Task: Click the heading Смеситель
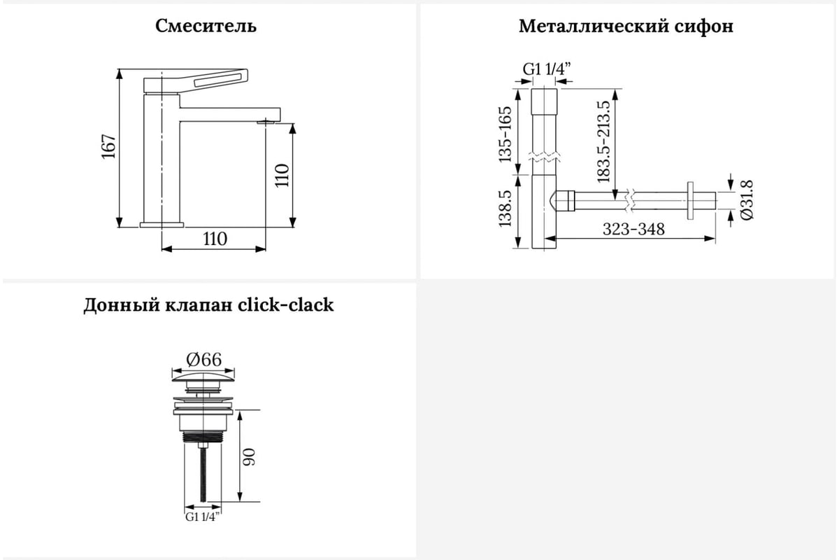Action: point(206,27)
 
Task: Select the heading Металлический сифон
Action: point(626,27)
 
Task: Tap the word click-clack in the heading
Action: point(285,304)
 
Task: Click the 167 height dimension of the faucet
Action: point(108,146)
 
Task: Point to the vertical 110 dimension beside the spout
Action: point(282,176)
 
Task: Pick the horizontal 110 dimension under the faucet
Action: point(215,239)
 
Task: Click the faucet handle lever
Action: point(196,80)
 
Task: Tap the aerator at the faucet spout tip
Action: point(266,122)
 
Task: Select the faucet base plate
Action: point(162,225)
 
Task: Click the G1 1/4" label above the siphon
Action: point(547,69)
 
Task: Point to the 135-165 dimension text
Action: point(505,134)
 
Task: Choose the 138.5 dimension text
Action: point(505,209)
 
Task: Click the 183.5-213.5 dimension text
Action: point(603,142)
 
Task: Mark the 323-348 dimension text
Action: point(633,229)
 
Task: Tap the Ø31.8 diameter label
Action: point(747,200)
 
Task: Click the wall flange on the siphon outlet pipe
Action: point(690,201)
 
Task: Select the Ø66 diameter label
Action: point(203,359)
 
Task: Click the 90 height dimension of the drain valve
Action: point(249,457)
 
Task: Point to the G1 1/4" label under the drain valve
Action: point(202,517)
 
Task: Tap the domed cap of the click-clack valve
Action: point(203,377)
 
